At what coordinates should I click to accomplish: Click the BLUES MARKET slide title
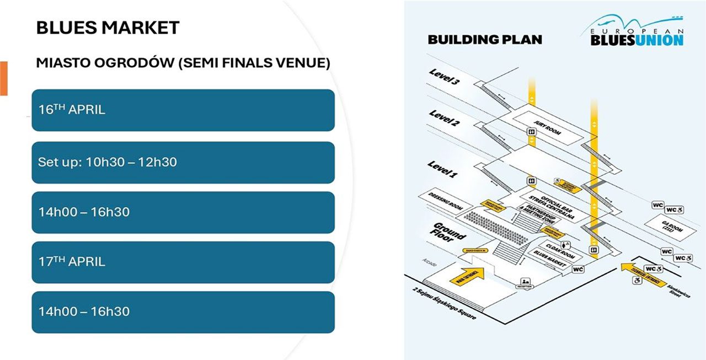(x=108, y=28)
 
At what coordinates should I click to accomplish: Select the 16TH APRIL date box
(x=183, y=110)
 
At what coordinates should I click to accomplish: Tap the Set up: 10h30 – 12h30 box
(x=183, y=162)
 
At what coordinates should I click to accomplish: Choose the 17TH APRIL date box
(x=183, y=262)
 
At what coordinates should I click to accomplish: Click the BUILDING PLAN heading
(x=485, y=40)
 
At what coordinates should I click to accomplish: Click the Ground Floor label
(x=448, y=232)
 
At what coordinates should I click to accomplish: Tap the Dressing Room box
(x=440, y=201)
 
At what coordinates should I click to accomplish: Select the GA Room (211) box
(x=672, y=228)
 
